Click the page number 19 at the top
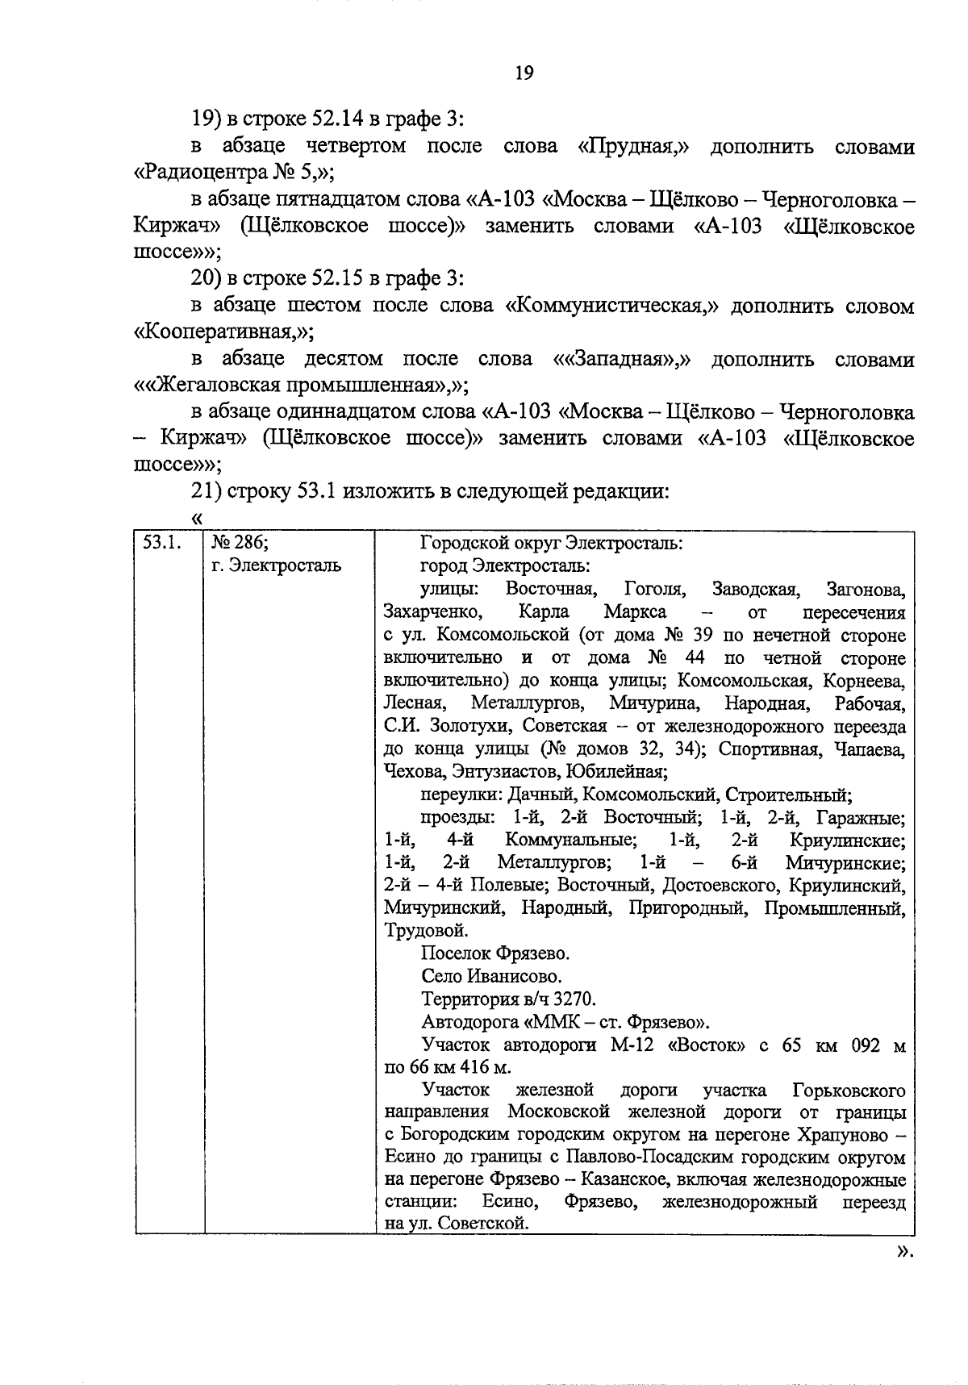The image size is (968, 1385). (524, 73)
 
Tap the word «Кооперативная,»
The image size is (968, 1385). (223, 332)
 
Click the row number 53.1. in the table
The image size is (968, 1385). (160, 543)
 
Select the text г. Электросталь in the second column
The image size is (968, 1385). (276, 565)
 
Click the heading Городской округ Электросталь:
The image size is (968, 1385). (552, 543)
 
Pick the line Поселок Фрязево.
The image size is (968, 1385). (495, 953)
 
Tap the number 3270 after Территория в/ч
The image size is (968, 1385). (574, 999)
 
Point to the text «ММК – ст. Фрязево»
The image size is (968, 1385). (618, 1023)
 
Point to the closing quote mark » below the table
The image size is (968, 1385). (904, 1251)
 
